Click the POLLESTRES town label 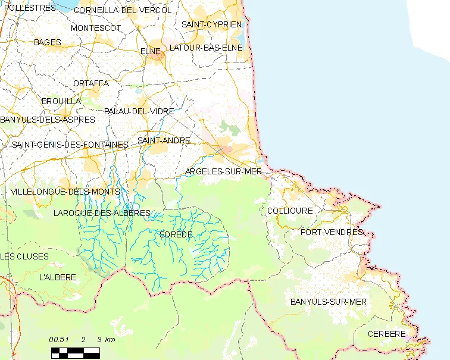29,8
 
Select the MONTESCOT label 95,28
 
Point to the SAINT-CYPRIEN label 212,24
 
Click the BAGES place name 48,42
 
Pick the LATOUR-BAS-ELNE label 206,47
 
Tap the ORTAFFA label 91,83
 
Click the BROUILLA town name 61,101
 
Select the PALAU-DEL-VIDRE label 139,111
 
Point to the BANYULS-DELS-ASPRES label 48,120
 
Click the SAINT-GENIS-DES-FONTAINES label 70,145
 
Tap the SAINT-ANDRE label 164,140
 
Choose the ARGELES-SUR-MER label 224,171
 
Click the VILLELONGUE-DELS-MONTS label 65,192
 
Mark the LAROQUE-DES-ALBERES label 101,213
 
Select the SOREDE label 176,234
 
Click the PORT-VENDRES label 332,232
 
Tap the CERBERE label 386,334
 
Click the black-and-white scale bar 75,352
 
